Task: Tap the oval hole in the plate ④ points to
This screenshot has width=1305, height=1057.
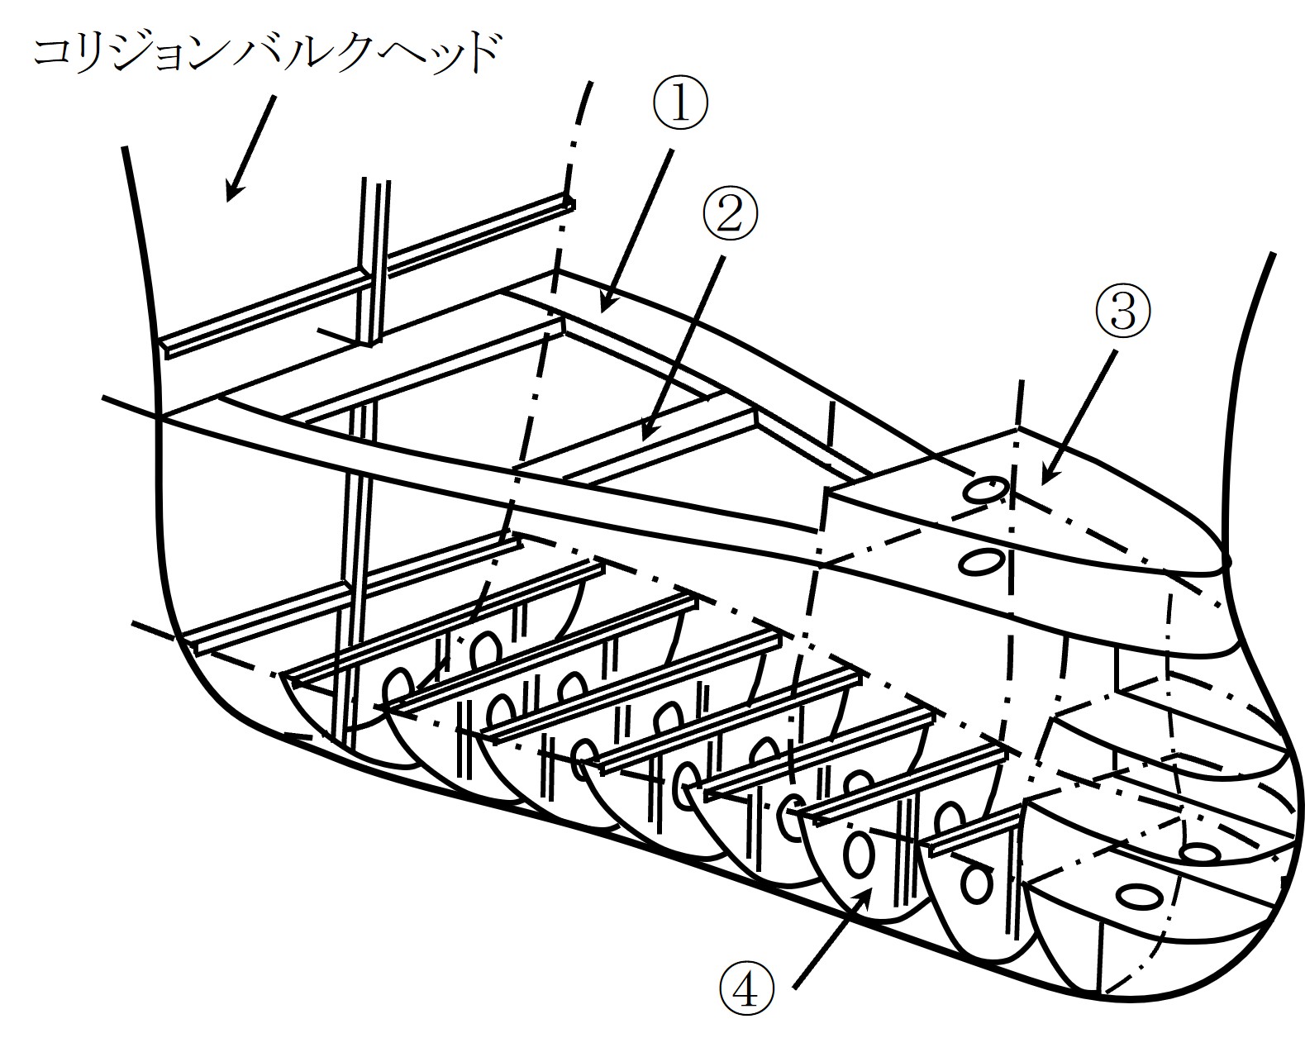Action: (x=858, y=854)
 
